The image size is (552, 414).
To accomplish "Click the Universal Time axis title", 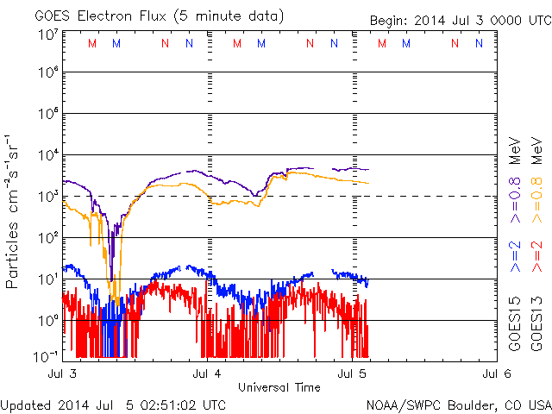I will [x=279, y=387].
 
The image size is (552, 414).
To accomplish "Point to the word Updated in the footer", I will [x=26, y=405].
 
